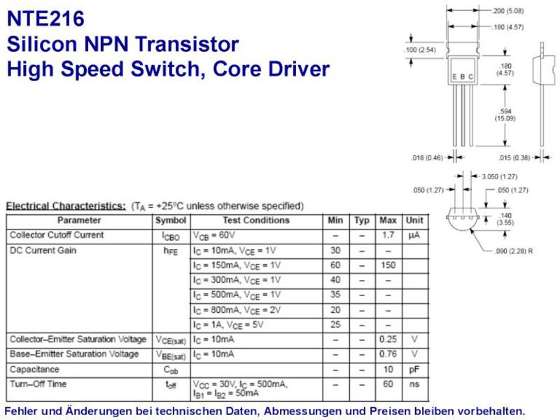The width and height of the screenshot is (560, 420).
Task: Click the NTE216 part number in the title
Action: [45, 19]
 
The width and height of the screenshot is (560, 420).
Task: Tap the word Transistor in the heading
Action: [187, 44]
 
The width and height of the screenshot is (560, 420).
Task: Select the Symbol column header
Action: [171, 220]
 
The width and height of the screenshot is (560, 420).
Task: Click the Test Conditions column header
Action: [256, 220]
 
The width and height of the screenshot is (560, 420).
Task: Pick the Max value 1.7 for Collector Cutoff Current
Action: [388, 235]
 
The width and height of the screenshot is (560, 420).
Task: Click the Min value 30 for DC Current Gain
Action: [335, 251]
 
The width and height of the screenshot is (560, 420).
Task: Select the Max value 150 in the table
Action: [388, 265]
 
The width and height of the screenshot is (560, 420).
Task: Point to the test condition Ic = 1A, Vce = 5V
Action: [228, 325]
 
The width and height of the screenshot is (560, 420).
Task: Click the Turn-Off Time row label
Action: [38, 384]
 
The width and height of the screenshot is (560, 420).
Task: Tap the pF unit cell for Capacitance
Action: [414, 370]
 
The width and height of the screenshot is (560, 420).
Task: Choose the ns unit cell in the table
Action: [414, 384]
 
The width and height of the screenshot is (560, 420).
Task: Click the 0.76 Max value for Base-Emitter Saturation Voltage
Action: [388, 354]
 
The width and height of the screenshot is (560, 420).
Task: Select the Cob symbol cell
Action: [171, 370]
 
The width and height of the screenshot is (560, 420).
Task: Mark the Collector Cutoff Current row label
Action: [57, 235]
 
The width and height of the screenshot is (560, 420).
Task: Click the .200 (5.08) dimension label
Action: [508, 11]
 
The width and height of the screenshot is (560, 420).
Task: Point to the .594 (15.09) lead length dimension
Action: [505, 115]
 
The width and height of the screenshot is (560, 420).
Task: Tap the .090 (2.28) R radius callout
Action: [514, 251]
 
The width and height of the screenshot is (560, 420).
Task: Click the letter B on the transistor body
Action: [463, 77]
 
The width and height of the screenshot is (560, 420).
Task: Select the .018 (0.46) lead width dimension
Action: [427, 158]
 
